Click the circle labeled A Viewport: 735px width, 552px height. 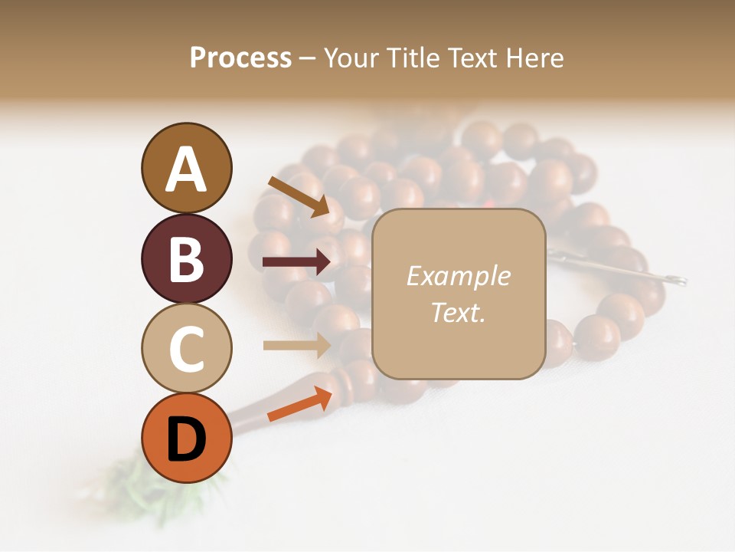(186, 168)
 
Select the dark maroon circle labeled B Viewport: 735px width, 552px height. (186, 258)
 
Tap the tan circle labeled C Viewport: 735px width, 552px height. (186, 349)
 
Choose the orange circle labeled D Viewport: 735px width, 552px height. (186, 439)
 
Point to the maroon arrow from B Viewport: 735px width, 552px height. (296, 263)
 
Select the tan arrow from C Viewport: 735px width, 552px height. (296, 345)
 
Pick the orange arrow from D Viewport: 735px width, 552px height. (299, 406)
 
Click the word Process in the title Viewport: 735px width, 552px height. (240, 58)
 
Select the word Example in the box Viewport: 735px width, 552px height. (458, 276)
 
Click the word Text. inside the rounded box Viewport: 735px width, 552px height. (458, 312)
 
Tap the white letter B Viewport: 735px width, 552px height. (186, 258)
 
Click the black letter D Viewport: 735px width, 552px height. (186, 439)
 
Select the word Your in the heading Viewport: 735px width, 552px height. (351, 58)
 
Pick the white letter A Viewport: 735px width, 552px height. (186, 169)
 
